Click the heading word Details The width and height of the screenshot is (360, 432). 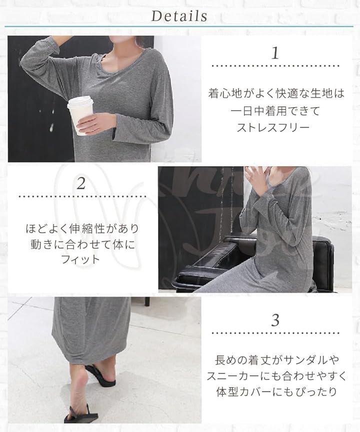click(x=179, y=16)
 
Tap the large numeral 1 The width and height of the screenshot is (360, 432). click(x=275, y=53)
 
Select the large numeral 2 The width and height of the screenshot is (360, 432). click(x=81, y=183)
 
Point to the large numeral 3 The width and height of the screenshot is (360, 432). click(x=275, y=320)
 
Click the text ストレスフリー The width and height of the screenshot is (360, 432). click(x=273, y=128)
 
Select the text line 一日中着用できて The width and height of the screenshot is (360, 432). click(x=275, y=111)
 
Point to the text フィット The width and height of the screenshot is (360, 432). click(x=80, y=259)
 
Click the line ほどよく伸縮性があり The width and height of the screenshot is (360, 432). click(x=82, y=229)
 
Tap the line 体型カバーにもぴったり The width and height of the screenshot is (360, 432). click(x=276, y=391)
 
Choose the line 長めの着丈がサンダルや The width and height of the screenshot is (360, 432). click(x=276, y=360)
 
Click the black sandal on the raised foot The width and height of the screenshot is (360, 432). click(x=100, y=376)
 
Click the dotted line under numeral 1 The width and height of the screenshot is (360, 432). click(x=275, y=66)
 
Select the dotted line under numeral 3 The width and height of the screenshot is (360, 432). click(x=275, y=333)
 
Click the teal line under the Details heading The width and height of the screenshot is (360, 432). click(x=179, y=27)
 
